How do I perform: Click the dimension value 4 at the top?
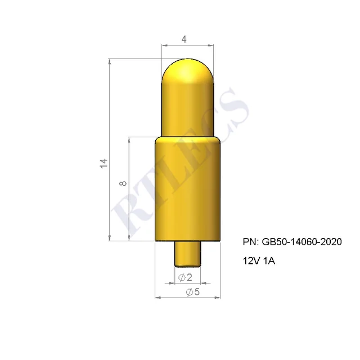pyautogui.click(x=184, y=39)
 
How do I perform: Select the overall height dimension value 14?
pyautogui.click(x=103, y=164)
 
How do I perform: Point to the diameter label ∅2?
pyautogui.click(x=185, y=277)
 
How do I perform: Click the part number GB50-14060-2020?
pyautogui.click(x=301, y=242)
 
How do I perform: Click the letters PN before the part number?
pyautogui.click(x=250, y=242)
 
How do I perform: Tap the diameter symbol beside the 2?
pyautogui.click(x=181, y=277)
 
